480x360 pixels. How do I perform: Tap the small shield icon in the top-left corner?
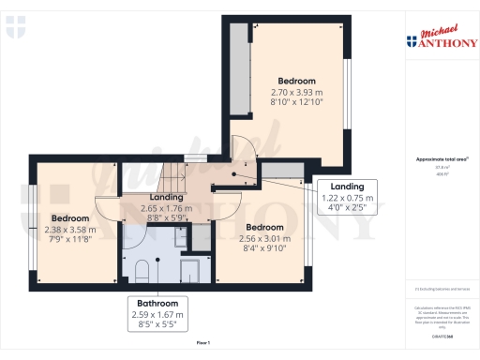tap(11, 32)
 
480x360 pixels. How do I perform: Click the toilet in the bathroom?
tap(142, 271)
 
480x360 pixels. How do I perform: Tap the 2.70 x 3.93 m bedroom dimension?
tap(296, 94)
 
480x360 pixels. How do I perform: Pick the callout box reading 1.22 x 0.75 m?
tap(347, 198)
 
